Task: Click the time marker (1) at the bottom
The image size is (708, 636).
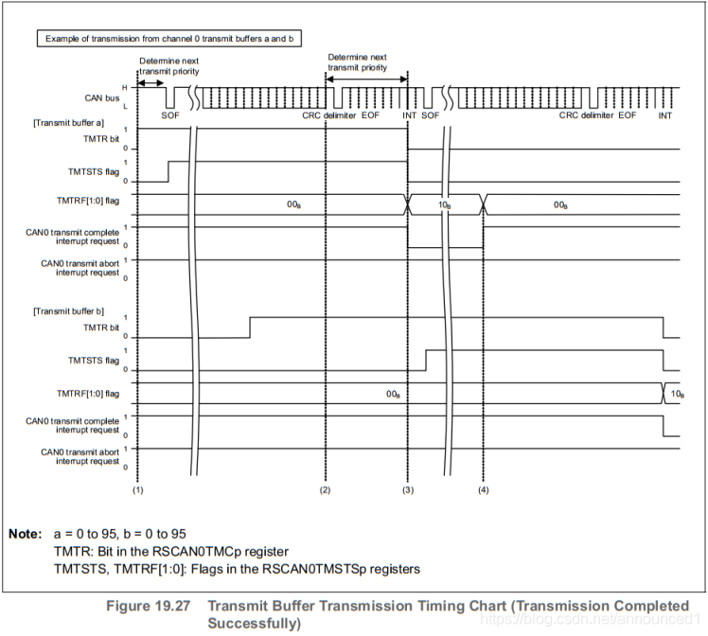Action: pyautogui.click(x=137, y=491)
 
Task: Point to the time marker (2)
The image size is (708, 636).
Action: pyautogui.click(x=326, y=491)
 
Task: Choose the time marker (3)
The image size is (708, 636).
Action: pyautogui.click(x=407, y=491)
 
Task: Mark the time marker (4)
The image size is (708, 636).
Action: pyautogui.click(x=484, y=491)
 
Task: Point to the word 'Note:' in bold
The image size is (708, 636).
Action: pyautogui.click(x=25, y=534)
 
